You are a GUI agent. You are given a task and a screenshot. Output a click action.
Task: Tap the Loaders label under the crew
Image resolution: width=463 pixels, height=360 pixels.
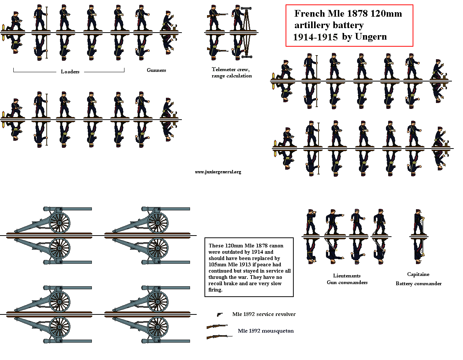point(70,71)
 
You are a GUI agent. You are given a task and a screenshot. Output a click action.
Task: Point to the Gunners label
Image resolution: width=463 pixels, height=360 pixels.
point(156,70)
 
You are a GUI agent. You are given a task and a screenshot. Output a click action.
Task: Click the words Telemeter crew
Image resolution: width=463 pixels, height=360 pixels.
point(230,69)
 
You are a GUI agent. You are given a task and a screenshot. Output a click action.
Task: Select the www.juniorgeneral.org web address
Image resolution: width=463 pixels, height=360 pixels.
point(218,172)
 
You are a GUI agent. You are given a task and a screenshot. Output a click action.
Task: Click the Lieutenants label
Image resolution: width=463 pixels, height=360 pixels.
point(347,276)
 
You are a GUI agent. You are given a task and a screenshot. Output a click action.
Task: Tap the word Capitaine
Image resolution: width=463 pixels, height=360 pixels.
point(418,274)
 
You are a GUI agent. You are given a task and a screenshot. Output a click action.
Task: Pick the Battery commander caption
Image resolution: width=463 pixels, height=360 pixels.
point(419,283)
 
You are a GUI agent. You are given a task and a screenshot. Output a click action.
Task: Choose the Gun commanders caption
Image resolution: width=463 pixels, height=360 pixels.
point(347,282)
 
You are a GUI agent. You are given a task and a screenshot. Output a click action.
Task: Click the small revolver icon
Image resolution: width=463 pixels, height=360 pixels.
point(219,314)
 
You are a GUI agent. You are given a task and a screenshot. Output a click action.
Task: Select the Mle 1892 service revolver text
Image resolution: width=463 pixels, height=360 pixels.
point(264,314)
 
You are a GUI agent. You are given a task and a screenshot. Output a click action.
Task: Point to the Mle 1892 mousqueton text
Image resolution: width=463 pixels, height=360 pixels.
point(266,331)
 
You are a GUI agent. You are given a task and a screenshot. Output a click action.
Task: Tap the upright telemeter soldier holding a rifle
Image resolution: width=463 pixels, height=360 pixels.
point(214,18)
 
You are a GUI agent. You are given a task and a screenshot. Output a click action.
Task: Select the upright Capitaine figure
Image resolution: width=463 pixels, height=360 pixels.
point(418,222)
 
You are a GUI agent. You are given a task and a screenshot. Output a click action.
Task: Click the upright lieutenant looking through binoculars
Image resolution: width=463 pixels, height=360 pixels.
point(310,222)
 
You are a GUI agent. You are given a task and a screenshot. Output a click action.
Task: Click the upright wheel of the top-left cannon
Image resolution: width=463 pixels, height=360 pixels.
point(60,222)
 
